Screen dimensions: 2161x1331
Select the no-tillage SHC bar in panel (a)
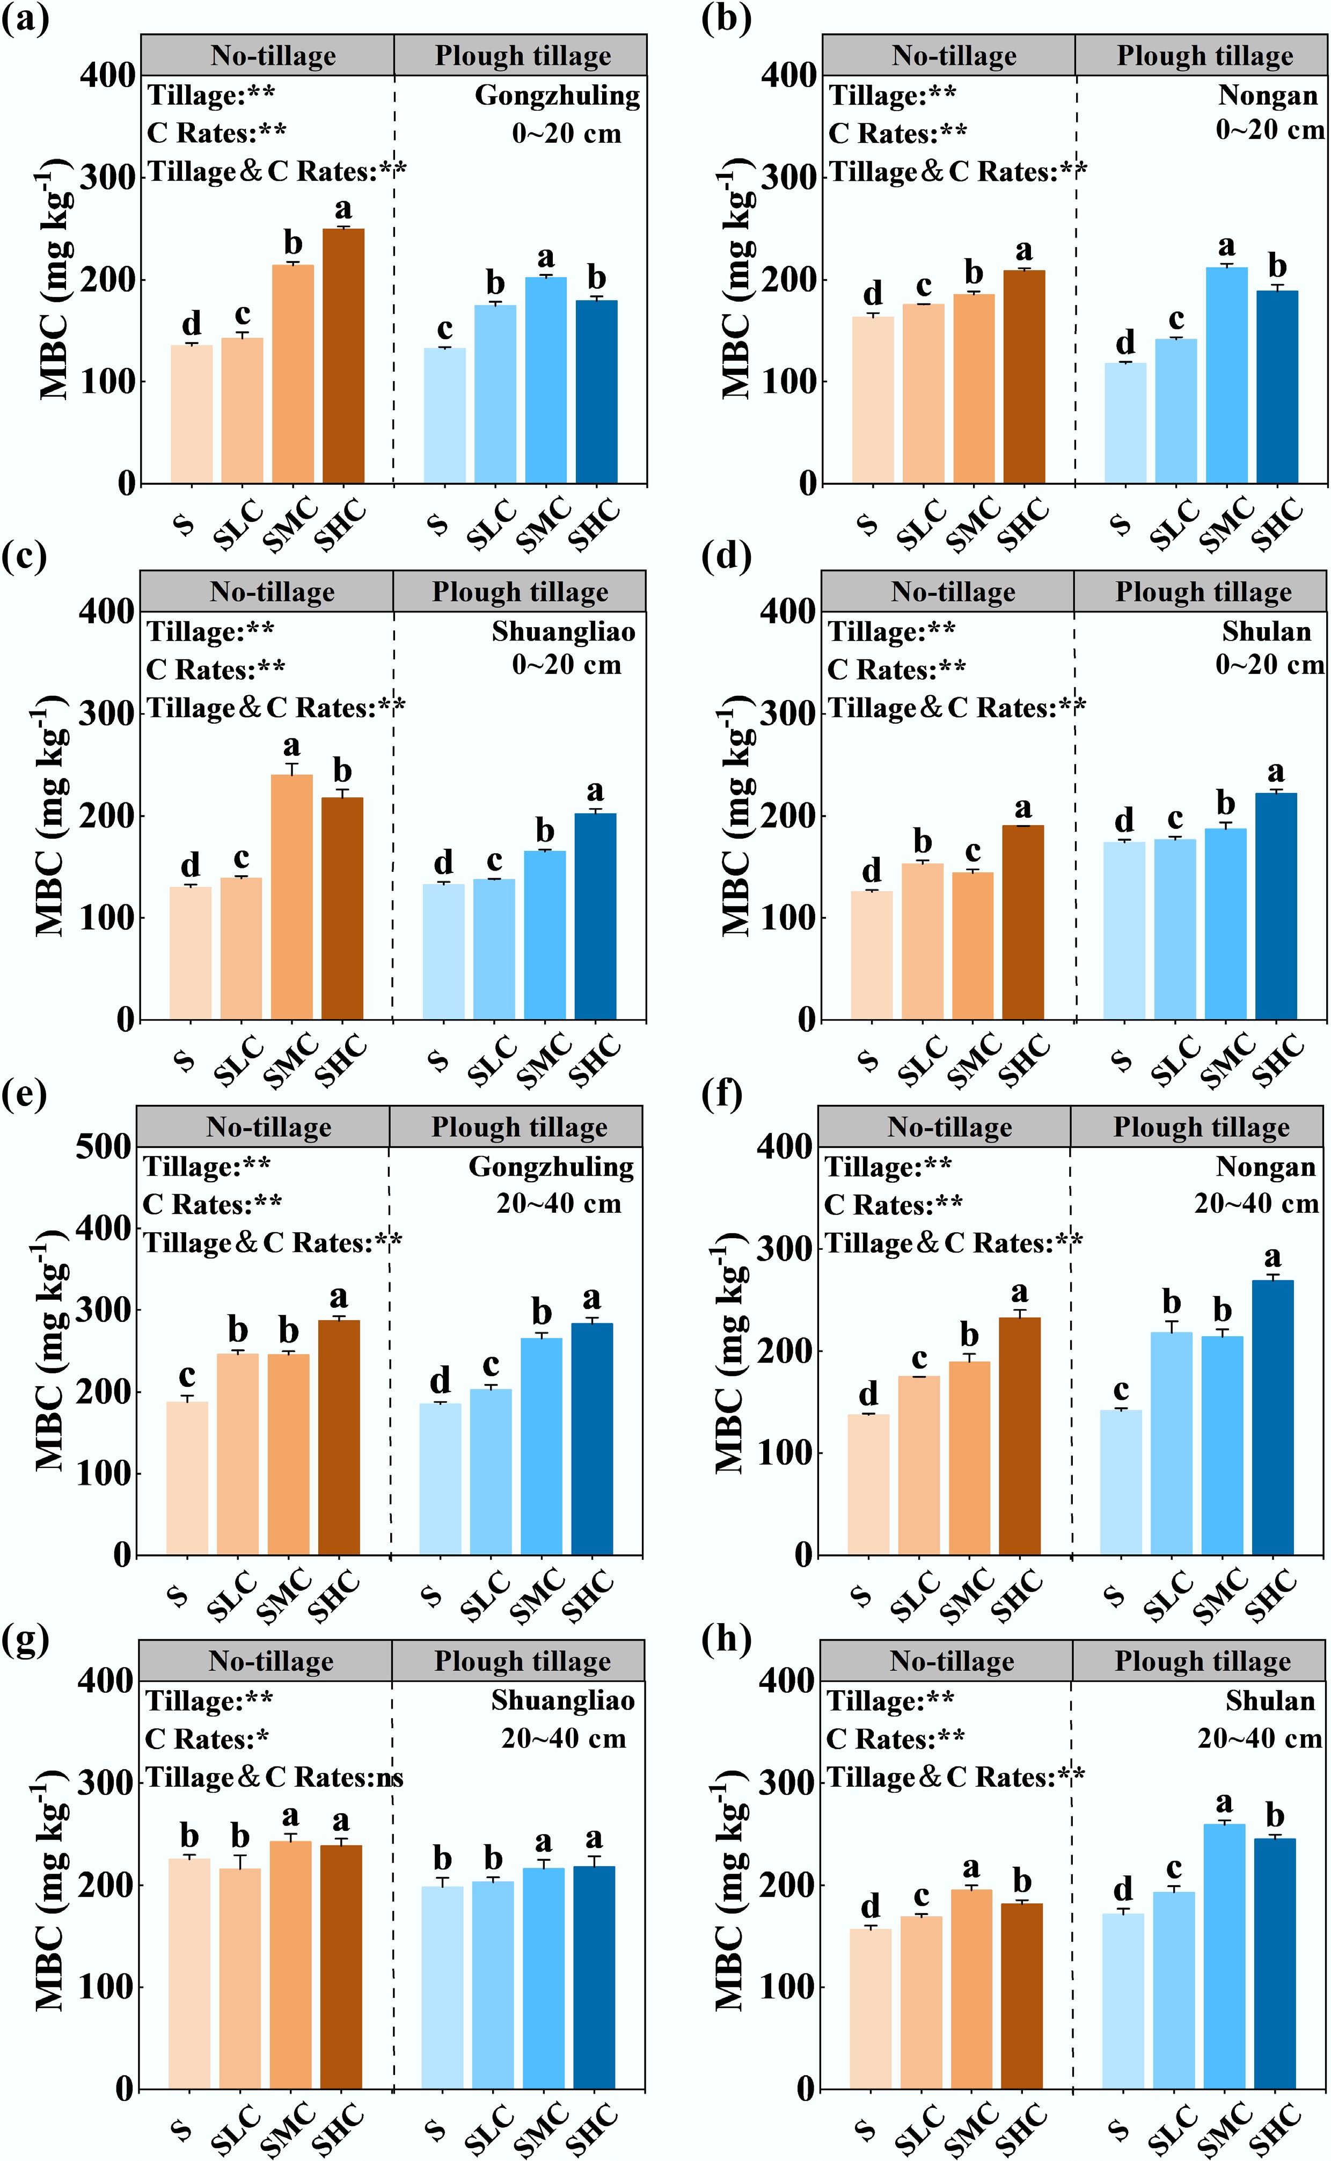coord(343,356)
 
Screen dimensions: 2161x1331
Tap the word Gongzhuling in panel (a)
coord(557,95)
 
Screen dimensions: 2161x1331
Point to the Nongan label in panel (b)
coord(1268,95)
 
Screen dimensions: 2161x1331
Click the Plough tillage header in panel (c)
coord(520,592)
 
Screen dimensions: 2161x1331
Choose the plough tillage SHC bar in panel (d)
coord(1276,906)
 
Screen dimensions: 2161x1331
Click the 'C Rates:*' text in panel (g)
coord(207,1739)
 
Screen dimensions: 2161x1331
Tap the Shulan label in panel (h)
coord(1270,1700)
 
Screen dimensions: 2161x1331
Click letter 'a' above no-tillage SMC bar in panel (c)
coord(291,747)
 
